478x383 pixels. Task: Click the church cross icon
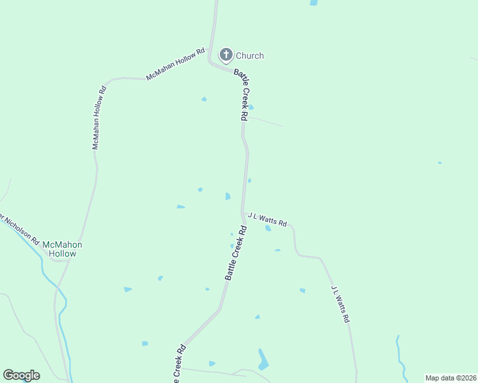(x=226, y=55)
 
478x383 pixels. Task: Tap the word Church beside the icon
(x=249, y=56)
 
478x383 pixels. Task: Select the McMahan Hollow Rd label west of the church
(x=175, y=64)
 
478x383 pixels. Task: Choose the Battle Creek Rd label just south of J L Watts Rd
(x=235, y=253)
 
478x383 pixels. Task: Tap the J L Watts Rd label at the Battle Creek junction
(x=267, y=219)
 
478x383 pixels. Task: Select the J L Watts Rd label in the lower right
(x=340, y=303)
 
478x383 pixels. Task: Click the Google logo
(x=21, y=375)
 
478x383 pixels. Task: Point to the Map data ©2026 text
(x=451, y=378)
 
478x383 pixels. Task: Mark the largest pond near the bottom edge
(x=263, y=361)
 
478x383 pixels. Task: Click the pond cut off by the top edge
(x=314, y=3)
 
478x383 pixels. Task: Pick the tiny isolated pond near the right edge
(x=440, y=163)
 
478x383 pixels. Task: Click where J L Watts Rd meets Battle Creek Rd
(x=242, y=213)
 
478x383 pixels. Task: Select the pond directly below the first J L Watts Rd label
(x=268, y=228)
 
